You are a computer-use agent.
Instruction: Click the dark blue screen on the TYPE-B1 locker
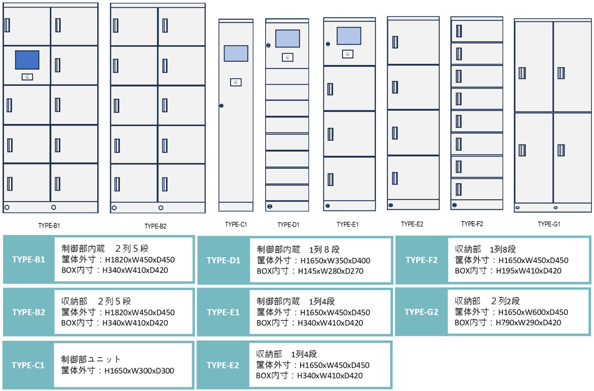coord(27,60)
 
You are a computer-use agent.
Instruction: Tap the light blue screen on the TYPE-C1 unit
coord(236,53)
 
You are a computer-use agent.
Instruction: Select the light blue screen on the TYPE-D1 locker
coord(287,38)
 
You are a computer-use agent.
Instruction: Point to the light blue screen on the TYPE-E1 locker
coord(349,36)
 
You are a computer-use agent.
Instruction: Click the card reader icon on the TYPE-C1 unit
coord(236,82)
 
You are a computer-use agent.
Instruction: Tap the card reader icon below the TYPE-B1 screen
coord(27,77)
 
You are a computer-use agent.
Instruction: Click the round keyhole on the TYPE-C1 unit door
coord(221,106)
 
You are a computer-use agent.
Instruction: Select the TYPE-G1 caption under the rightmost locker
coord(549,224)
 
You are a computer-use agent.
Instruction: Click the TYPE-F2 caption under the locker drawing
coord(472,224)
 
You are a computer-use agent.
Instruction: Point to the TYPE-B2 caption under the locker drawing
coord(155,226)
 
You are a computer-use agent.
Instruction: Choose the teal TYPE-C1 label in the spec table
coord(28,365)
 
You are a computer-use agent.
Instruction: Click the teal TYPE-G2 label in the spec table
coord(421,312)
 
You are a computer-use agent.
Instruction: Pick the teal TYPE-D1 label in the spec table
coord(224,261)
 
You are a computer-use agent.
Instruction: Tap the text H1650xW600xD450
coord(533,312)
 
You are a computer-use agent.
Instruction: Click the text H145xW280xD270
coord(331,271)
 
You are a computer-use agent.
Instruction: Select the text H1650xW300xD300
coord(139,371)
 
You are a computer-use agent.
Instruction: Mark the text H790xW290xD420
coord(528,323)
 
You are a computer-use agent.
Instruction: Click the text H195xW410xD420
coord(529,271)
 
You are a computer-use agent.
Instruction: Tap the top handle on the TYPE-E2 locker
coord(395,42)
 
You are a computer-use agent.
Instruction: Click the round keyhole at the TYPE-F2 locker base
coord(454,205)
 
